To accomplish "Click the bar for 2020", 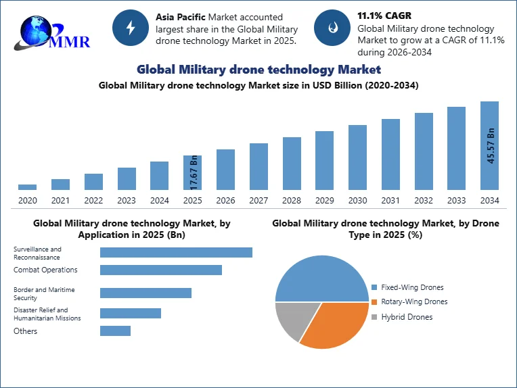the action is point(27,187).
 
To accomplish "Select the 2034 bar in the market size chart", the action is point(490,145).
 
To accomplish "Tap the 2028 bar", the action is point(292,164).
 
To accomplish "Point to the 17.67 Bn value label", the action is point(194,172).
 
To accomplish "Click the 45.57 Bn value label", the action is point(491,145).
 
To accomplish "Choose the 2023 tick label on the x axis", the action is point(127,200).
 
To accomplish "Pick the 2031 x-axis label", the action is point(390,200).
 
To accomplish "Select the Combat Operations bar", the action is point(161,270).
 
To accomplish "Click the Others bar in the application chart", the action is point(116,331).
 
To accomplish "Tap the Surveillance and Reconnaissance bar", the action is point(176,252).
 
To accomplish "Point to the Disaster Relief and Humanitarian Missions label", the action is point(47,314).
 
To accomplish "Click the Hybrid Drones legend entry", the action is point(402,317).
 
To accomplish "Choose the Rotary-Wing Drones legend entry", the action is point(409,301).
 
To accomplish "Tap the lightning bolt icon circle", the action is point(131,28).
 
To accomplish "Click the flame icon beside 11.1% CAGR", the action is point(332,28).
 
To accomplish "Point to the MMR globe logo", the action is point(51,33).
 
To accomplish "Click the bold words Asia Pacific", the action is point(181,17).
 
